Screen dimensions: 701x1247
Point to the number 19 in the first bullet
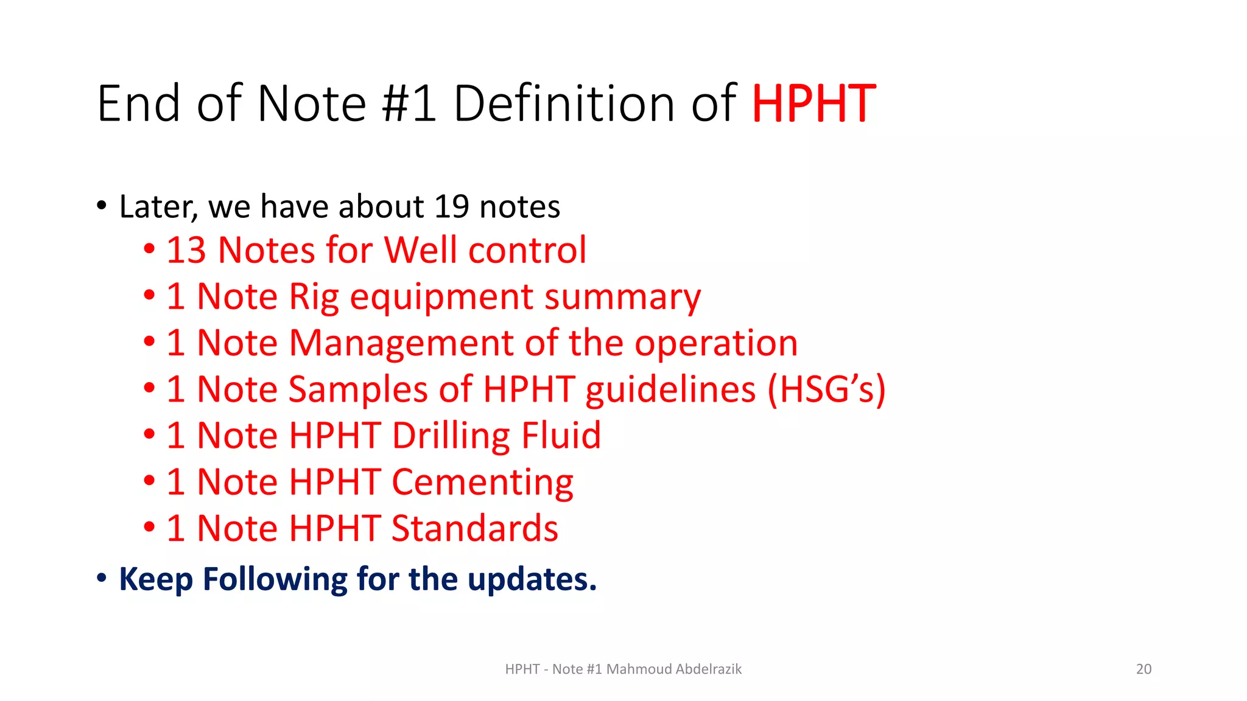(451, 207)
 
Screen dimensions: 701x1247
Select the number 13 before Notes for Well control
(186, 250)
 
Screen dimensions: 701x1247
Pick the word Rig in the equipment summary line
(314, 297)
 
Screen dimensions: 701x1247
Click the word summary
(622, 298)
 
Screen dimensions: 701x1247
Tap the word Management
(401, 343)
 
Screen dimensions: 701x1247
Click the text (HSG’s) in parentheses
(826, 389)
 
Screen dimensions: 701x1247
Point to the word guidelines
(670, 389)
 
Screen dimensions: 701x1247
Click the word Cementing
(482, 483)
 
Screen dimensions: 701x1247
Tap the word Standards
(474, 528)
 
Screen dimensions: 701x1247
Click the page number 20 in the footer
(1143, 669)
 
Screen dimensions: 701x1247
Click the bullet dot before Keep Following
(102, 578)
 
